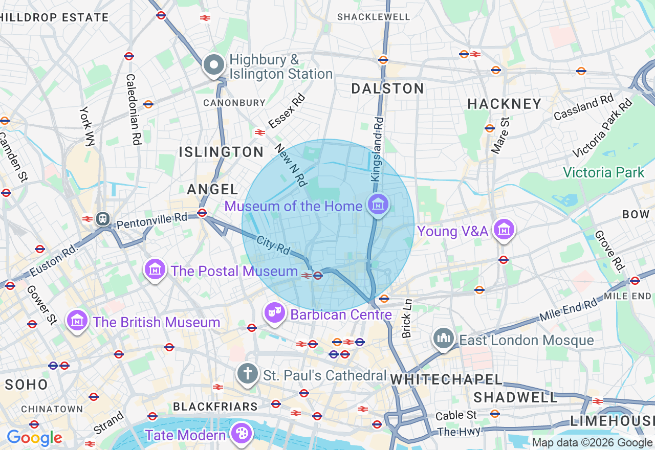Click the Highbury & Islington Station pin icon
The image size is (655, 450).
point(214,65)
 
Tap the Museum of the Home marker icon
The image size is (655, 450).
point(378,205)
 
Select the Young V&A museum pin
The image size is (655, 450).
point(505,230)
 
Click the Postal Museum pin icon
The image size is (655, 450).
point(155,269)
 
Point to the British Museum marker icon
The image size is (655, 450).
point(77,321)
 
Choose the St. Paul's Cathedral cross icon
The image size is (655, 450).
point(248,374)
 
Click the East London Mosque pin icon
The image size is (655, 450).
point(443,339)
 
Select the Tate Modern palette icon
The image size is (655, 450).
point(240,434)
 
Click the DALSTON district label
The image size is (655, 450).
point(388,89)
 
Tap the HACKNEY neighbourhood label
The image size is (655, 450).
point(504,104)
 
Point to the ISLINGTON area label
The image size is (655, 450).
point(221,152)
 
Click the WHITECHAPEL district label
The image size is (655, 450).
point(446,379)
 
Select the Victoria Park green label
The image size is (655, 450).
point(604,172)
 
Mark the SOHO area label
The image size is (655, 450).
point(27,385)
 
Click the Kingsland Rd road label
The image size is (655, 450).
point(377,149)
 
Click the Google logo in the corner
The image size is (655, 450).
point(34,438)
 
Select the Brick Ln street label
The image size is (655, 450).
point(407,319)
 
